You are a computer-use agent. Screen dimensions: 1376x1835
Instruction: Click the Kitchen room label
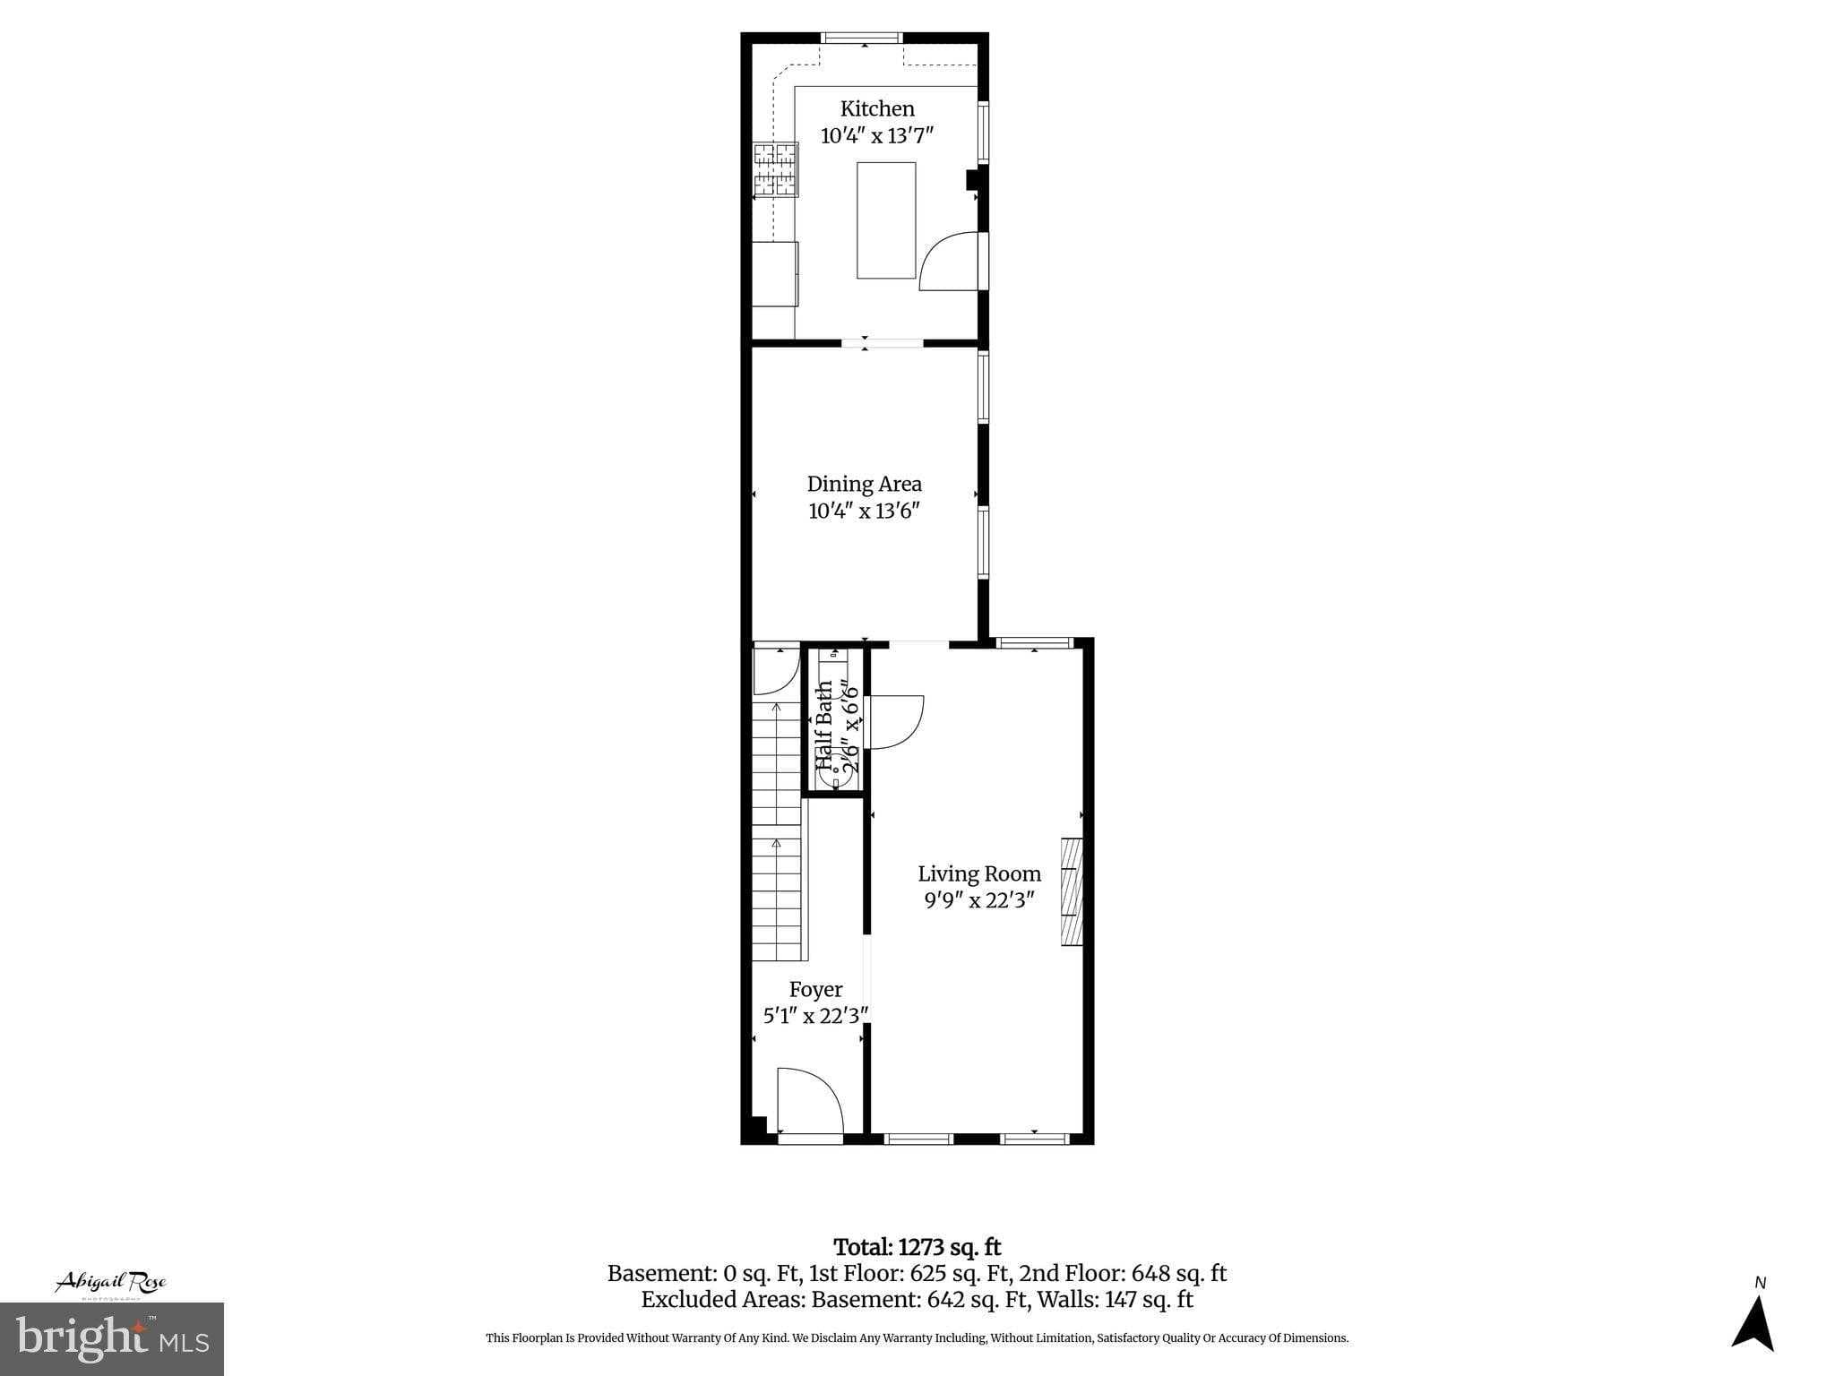tap(877, 109)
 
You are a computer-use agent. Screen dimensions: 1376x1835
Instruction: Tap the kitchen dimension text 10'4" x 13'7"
tap(877, 136)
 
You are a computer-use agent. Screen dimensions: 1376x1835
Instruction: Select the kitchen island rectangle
tap(886, 220)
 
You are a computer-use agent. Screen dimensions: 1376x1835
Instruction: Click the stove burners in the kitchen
tap(775, 169)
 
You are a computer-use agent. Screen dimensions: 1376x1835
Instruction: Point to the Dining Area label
tap(864, 484)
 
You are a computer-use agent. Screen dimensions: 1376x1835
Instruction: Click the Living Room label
tap(979, 873)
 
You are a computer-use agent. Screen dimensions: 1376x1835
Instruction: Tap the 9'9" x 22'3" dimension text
tap(979, 900)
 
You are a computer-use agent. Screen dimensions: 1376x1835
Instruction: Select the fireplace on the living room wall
tap(1072, 891)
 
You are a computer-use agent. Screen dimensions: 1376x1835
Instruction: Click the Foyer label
tap(815, 989)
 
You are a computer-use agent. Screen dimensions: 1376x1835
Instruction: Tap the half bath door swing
tap(894, 722)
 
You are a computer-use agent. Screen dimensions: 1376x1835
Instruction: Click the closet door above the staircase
tap(774, 670)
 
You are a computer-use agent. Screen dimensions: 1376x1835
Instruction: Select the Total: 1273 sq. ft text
tap(917, 1247)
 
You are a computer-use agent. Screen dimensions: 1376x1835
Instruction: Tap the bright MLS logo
tap(111, 1338)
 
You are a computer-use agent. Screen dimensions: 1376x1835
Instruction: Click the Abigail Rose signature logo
tap(111, 1283)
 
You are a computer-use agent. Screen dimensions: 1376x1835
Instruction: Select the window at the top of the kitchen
tap(862, 38)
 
